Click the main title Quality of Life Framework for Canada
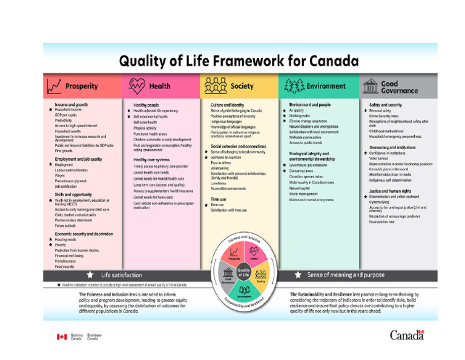tap(239, 61)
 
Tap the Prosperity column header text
tap(81, 86)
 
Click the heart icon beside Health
tap(137, 86)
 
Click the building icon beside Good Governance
tap(369, 86)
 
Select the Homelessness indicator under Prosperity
tap(67, 261)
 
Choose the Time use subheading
tap(219, 199)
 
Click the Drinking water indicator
tap(300, 115)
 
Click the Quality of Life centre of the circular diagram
tap(243, 272)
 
